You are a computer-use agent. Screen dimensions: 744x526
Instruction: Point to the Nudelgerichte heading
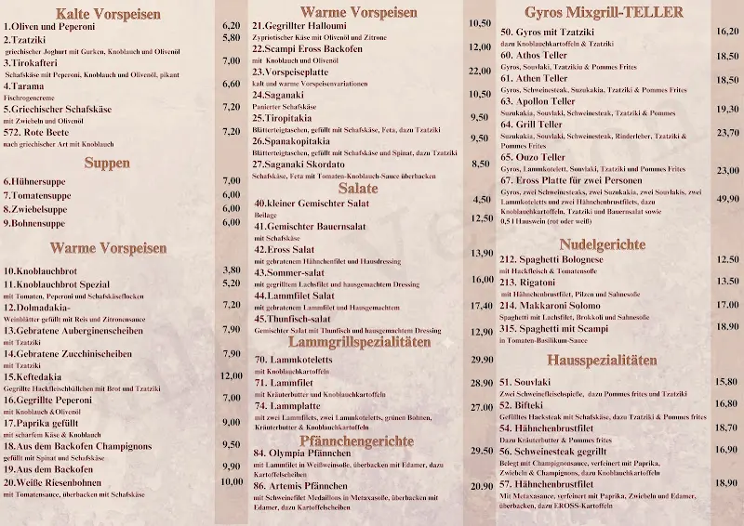click(603, 243)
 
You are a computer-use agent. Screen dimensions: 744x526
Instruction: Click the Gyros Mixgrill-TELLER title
click(604, 12)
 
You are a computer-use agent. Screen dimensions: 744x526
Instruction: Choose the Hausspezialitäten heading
click(603, 360)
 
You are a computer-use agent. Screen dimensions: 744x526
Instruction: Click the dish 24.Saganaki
click(282, 94)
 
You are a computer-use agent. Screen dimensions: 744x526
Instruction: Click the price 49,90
click(727, 199)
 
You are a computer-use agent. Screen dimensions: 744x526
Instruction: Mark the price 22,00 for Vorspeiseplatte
click(480, 71)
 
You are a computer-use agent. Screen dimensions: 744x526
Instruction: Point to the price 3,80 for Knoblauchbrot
click(232, 270)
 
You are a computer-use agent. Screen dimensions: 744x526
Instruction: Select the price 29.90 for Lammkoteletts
click(482, 360)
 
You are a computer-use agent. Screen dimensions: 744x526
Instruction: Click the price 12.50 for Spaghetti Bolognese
click(727, 260)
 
